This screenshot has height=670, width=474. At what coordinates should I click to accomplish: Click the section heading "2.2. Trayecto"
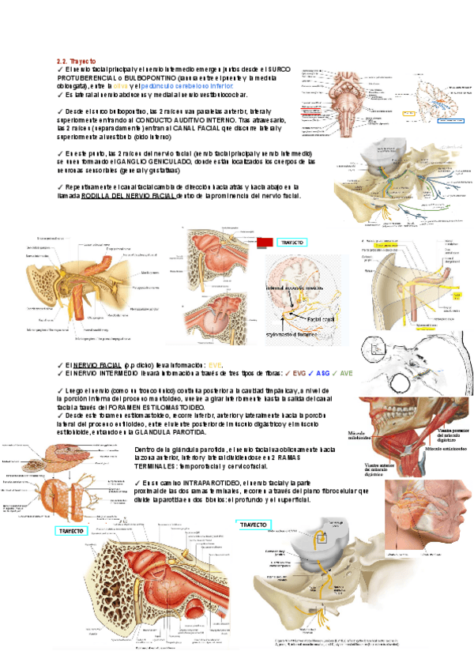76,61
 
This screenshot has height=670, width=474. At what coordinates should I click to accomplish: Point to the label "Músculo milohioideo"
361,437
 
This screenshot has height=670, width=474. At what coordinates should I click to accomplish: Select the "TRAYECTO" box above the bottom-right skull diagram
254,524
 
